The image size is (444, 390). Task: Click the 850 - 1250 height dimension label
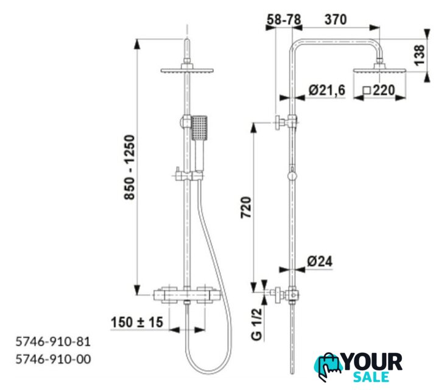130,168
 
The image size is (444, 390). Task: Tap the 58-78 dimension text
284,20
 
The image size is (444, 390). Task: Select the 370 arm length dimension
336,20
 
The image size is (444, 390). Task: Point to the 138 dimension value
420,55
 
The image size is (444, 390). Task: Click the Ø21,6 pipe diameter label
327,90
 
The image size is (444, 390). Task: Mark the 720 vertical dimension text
246,207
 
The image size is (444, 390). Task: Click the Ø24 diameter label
320,261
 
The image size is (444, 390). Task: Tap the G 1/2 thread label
257,324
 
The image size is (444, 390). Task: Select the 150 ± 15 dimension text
137,322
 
